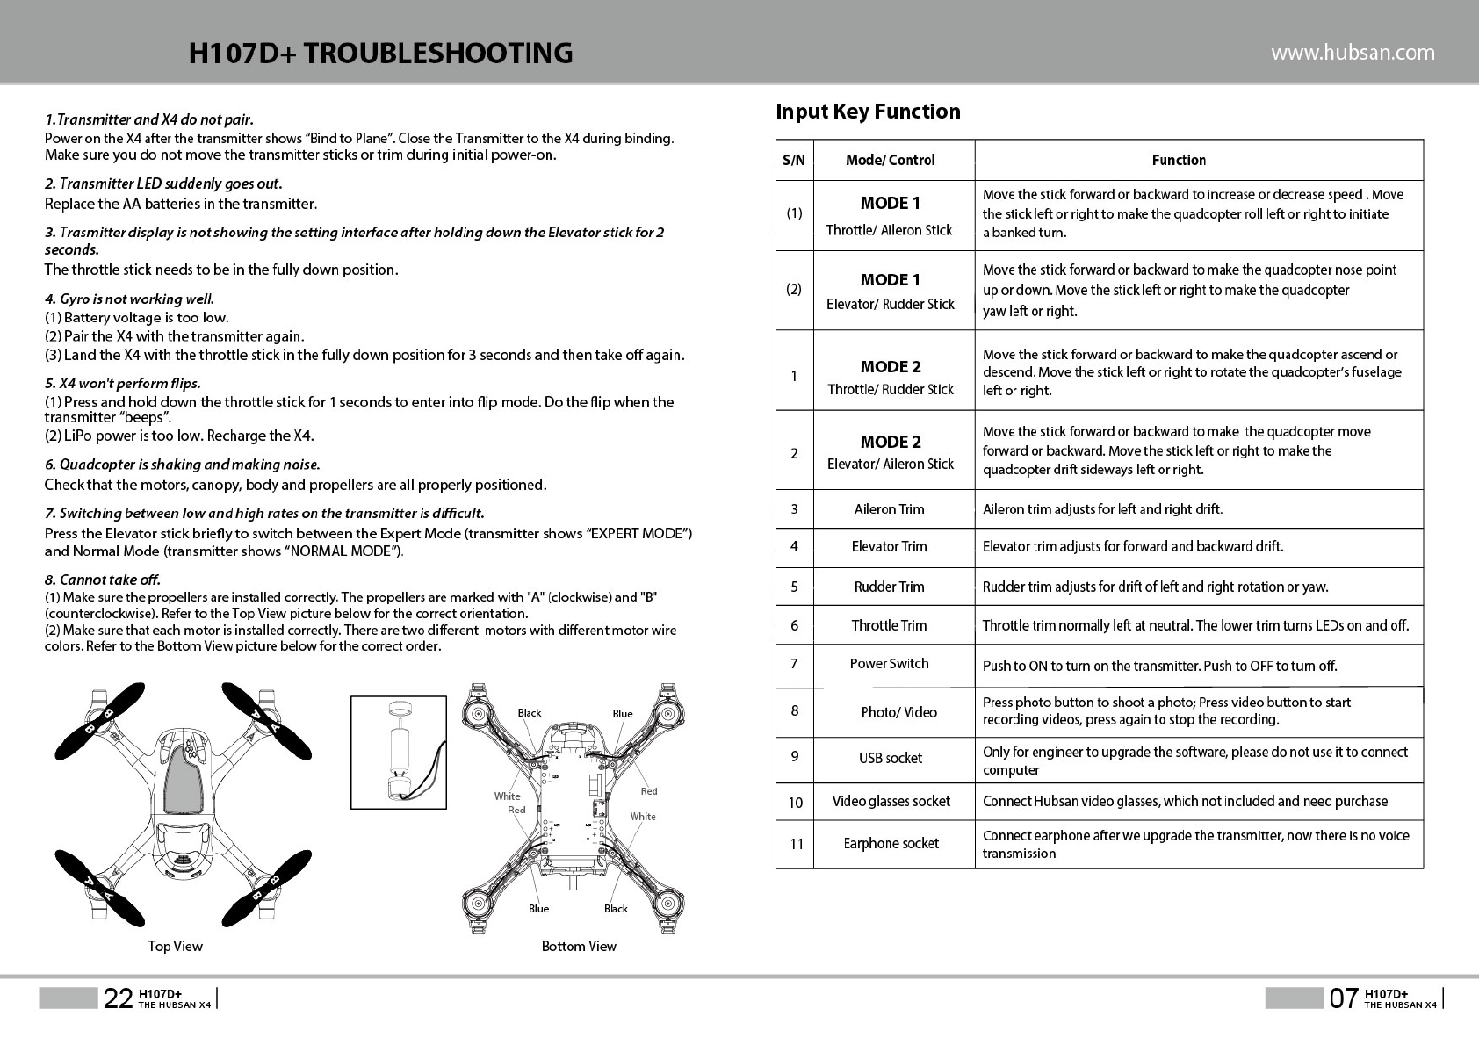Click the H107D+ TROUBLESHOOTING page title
pyautogui.click(x=380, y=53)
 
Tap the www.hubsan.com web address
pyautogui.click(x=1353, y=53)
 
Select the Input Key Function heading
pyautogui.click(x=868, y=112)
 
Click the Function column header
pyautogui.click(x=1179, y=160)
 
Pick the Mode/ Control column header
pyautogui.click(x=890, y=160)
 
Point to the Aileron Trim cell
pyautogui.click(x=889, y=509)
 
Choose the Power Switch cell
pyautogui.click(x=889, y=664)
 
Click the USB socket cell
pyautogui.click(x=890, y=759)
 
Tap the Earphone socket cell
pyautogui.click(x=891, y=844)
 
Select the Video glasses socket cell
pyautogui.click(x=891, y=802)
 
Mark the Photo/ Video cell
pyautogui.click(x=898, y=712)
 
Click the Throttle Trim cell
pyautogui.click(x=889, y=626)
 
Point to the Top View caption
pyautogui.click(x=175, y=946)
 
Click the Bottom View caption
pyautogui.click(x=579, y=946)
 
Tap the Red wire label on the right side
pyautogui.click(x=649, y=791)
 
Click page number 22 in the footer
pyautogui.click(x=118, y=998)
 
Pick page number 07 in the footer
pyautogui.click(x=1344, y=998)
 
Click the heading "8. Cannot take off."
pyautogui.click(x=103, y=580)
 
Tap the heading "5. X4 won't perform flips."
pyautogui.click(x=122, y=384)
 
